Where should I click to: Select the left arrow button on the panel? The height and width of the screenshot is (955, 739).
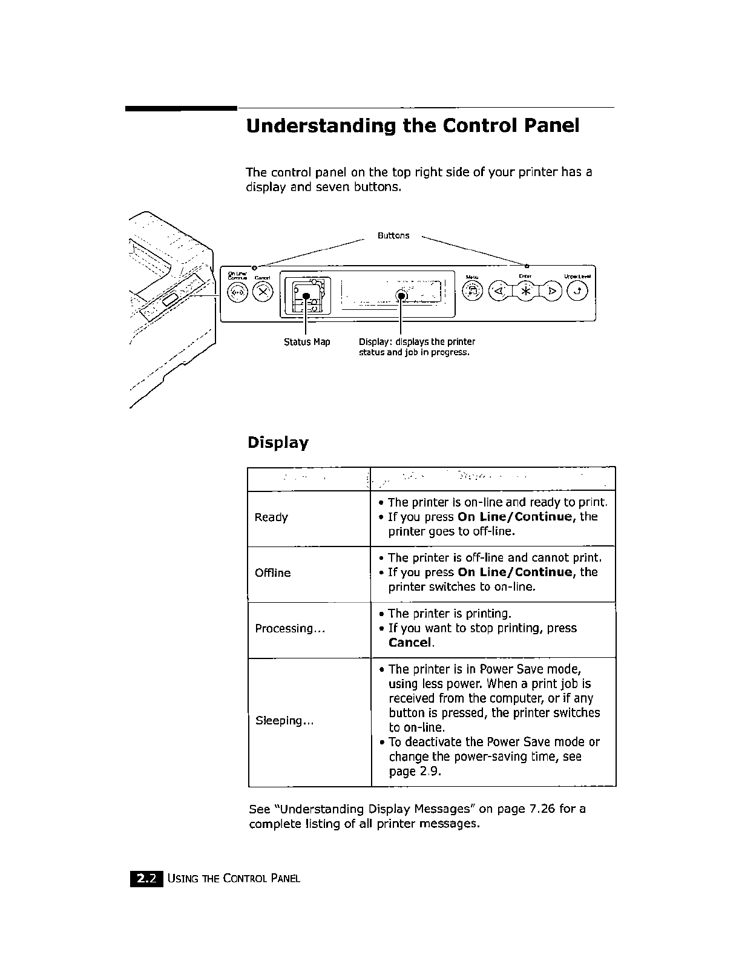(x=499, y=292)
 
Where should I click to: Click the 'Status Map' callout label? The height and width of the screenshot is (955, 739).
(x=307, y=342)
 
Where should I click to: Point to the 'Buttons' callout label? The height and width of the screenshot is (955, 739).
(x=393, y=235)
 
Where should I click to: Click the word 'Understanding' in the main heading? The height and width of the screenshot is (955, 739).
(x=321, y=126)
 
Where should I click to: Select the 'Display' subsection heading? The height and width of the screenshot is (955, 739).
(x=278, y=442)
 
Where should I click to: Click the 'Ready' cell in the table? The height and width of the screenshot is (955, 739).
(x=271, y=517)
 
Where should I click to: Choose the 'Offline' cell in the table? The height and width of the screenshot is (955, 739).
(x=273, y=573)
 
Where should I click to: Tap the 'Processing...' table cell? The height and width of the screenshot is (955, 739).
(x=291, y=629)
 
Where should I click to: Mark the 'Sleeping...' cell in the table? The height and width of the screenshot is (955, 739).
(x=284, y=721)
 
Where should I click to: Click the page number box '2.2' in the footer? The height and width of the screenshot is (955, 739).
(x=146, y=879)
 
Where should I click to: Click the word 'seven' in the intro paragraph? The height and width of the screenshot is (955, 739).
(x=327, y=187)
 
